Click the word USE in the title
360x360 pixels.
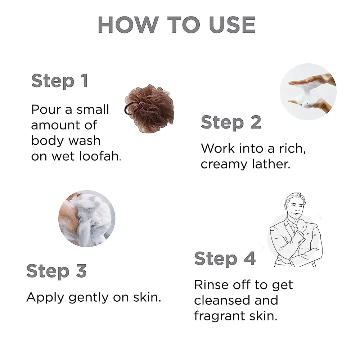click(x=232, y=25)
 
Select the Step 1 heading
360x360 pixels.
click(x=60, y=81)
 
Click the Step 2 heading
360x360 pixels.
click(x=231, y=122)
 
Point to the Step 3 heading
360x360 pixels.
click(x=57, y=271)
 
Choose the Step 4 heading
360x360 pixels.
click(x=225, y=259)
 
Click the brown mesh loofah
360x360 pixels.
click(x=149, y=108)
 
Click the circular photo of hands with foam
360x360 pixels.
click(x=308, y=91)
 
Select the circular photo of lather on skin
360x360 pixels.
click(x=87, y=219)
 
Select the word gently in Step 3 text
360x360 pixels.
click(x=89, y=298)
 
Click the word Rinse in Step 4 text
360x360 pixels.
click(x=212, y=285)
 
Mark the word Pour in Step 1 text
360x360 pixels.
click(x=45, y=109)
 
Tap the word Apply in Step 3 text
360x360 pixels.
click(x=45, y=298)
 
